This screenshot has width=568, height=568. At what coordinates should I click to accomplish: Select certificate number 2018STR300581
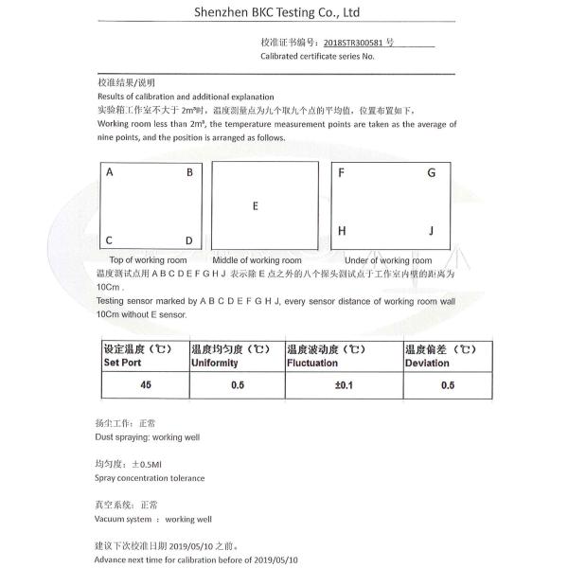click(353, 44)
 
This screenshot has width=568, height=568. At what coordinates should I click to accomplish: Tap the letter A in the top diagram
click(110, 173)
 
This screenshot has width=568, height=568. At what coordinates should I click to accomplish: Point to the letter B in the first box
click(189, 173)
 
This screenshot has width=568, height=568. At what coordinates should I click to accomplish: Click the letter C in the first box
click(110, 240)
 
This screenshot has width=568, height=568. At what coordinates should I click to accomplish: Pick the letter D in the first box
click(189, 240)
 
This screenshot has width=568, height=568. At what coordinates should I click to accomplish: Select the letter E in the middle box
click(256, 205)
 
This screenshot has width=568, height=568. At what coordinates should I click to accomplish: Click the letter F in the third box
click(341, 173)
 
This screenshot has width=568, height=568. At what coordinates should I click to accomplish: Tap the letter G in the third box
click(431, 173)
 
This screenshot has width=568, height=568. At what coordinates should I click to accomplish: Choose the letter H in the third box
click(342, 231)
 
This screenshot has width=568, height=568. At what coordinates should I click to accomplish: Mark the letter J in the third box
click(431, 231)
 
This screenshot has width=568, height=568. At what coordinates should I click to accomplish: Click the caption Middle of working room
click(257, 260)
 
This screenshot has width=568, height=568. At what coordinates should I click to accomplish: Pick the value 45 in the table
click(145, 385)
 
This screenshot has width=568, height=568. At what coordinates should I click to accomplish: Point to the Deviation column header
click(427, 363)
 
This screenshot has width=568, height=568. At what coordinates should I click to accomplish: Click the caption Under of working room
click(389, 260)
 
